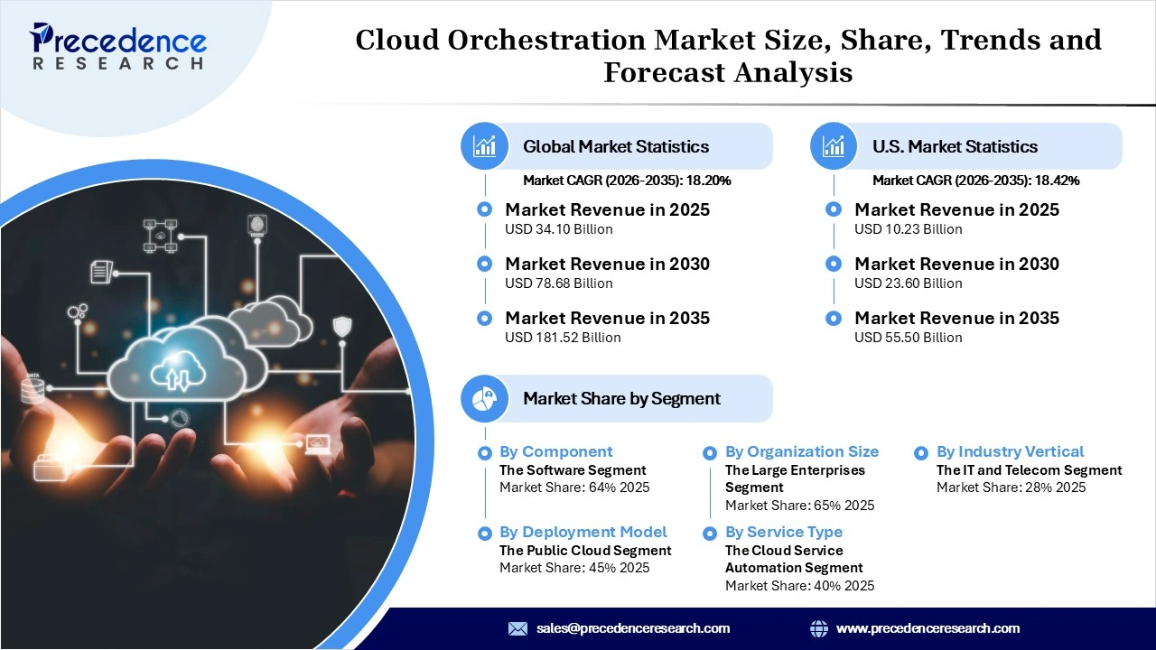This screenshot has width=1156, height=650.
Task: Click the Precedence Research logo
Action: (x=118, y=46)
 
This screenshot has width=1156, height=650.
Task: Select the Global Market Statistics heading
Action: (x=616, y=146)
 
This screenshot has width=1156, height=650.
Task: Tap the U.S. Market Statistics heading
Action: (x=955, y=146)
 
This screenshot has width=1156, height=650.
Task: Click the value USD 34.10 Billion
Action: (x=558, y=229)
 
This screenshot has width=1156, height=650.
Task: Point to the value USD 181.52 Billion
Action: (x=563, y=338)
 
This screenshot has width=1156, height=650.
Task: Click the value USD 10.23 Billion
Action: (x=908, y=229)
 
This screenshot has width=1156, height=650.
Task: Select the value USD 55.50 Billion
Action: (x=908, y=338)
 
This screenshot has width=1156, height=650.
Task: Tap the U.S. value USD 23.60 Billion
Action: (x=908, y=283)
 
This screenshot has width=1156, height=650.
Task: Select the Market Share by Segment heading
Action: (x=621, y=398)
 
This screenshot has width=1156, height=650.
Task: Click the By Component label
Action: (x=555, y=451)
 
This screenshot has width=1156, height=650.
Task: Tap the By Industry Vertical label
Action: (x=1010, y=451)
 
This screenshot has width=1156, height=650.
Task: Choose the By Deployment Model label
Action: (x=583, y=532)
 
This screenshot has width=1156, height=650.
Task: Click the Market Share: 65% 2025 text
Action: (x=799, y=506)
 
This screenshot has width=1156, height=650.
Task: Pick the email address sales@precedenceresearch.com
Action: (x=632, y=628)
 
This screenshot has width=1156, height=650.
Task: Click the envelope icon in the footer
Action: (x=517, y=628)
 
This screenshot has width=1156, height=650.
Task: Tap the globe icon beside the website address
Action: (x=819, y=628)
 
